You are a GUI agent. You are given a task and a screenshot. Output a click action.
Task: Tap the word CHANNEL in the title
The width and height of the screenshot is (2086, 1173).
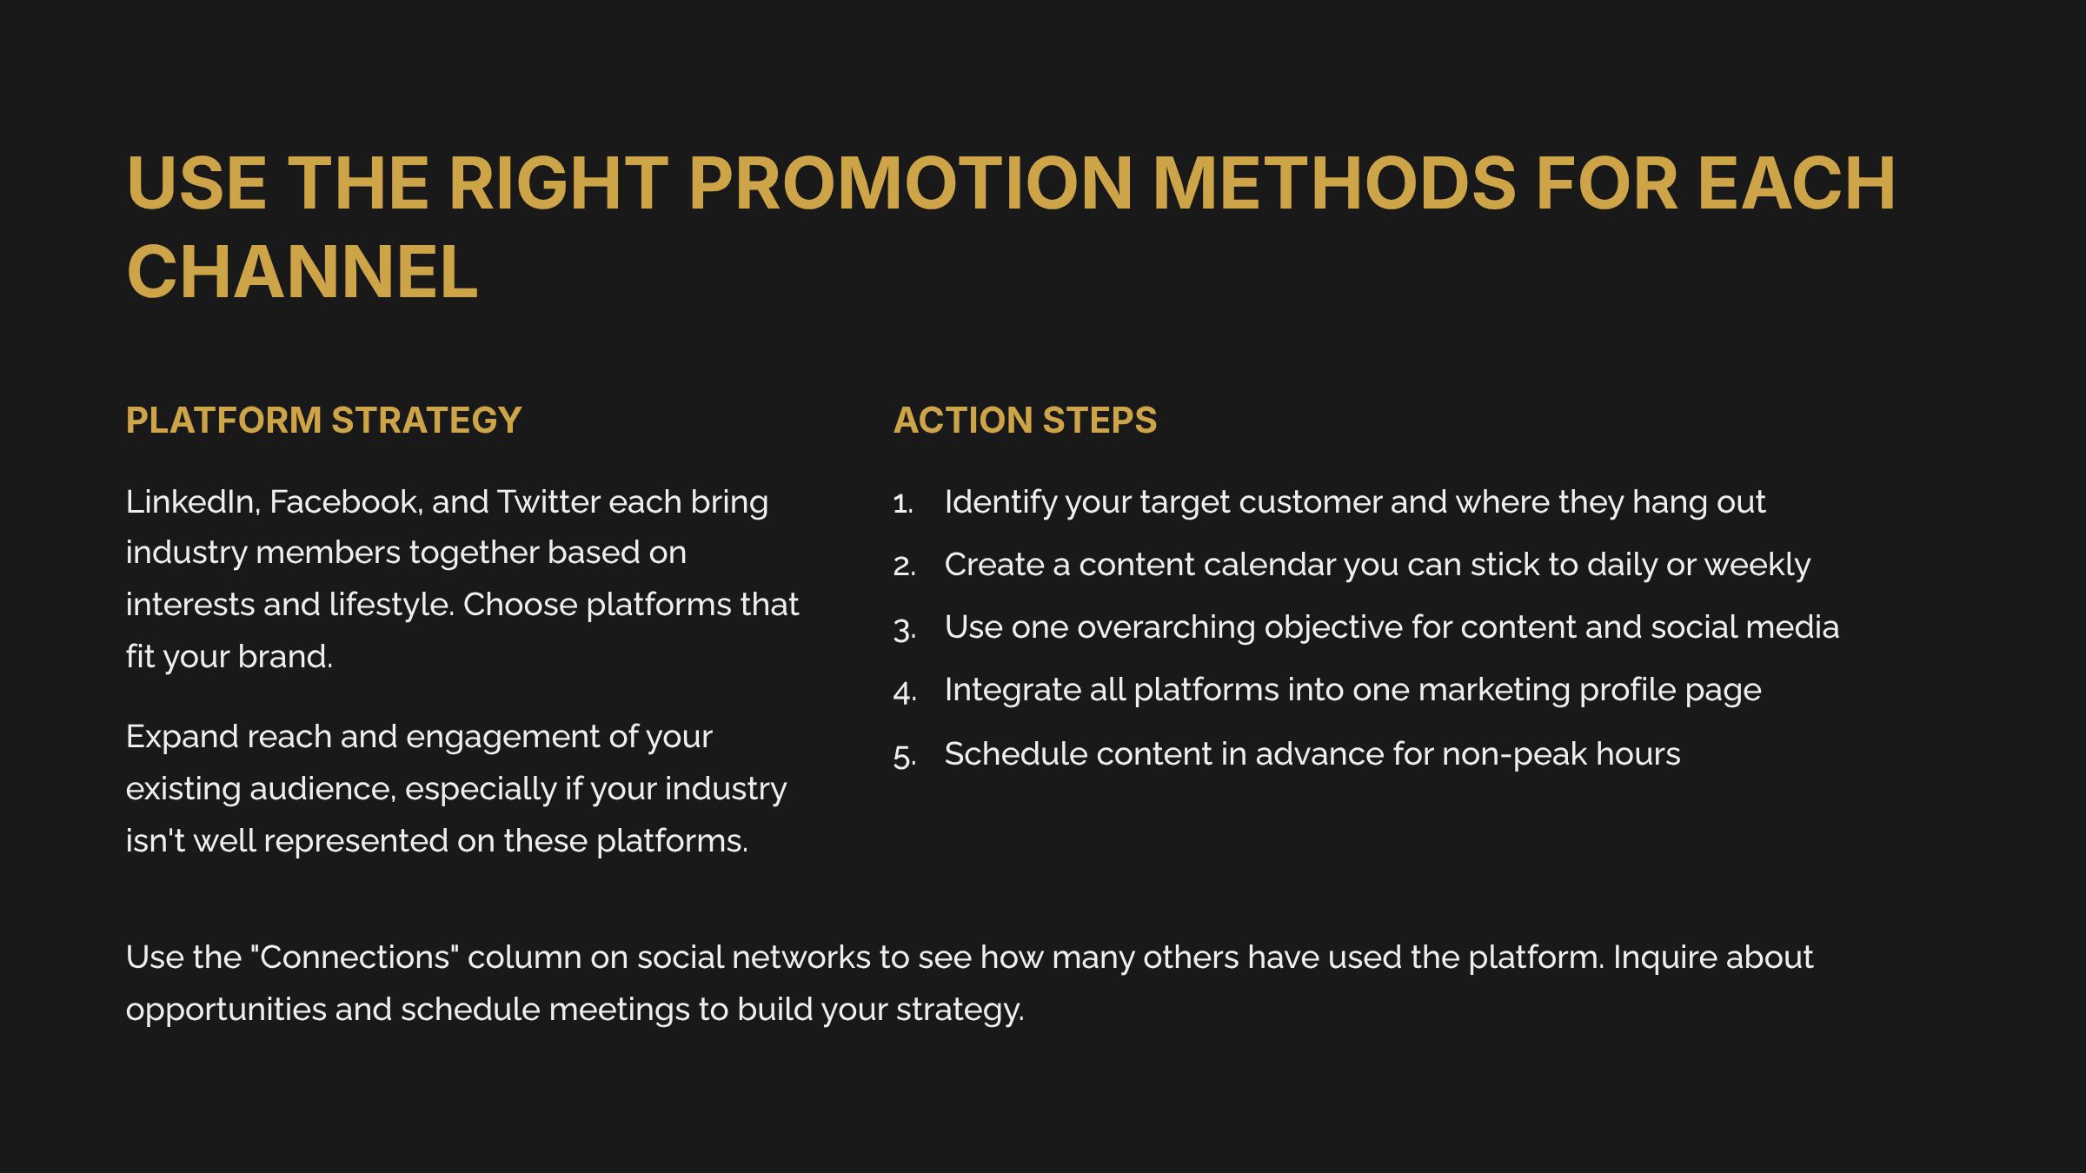point(302,273)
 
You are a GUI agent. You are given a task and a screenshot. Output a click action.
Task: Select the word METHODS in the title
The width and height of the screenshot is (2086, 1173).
point(1333,183)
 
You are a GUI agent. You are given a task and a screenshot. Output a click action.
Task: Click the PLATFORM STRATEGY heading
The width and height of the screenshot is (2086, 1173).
point(323,421)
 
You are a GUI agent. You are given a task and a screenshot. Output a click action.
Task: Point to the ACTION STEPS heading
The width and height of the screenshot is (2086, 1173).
point(1025,421)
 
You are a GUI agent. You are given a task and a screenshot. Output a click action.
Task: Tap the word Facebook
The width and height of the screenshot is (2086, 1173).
point(345,502)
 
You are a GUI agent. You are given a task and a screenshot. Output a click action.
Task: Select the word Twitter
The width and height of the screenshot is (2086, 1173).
point(548,502)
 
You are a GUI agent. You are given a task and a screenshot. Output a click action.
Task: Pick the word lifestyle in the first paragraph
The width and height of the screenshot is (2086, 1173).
point(391,605)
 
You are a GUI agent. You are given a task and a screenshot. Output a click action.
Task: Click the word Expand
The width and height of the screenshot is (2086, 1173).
point(182,737)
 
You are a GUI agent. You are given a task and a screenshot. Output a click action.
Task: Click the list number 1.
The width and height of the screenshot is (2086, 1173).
point(903,503)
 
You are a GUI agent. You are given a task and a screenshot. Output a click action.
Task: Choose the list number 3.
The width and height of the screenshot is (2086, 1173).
point(904,629)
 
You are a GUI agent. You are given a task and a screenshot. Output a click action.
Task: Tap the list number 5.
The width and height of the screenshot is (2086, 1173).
point(904,756)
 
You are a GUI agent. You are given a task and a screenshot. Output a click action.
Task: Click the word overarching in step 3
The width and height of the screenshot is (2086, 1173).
point(1166,627)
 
